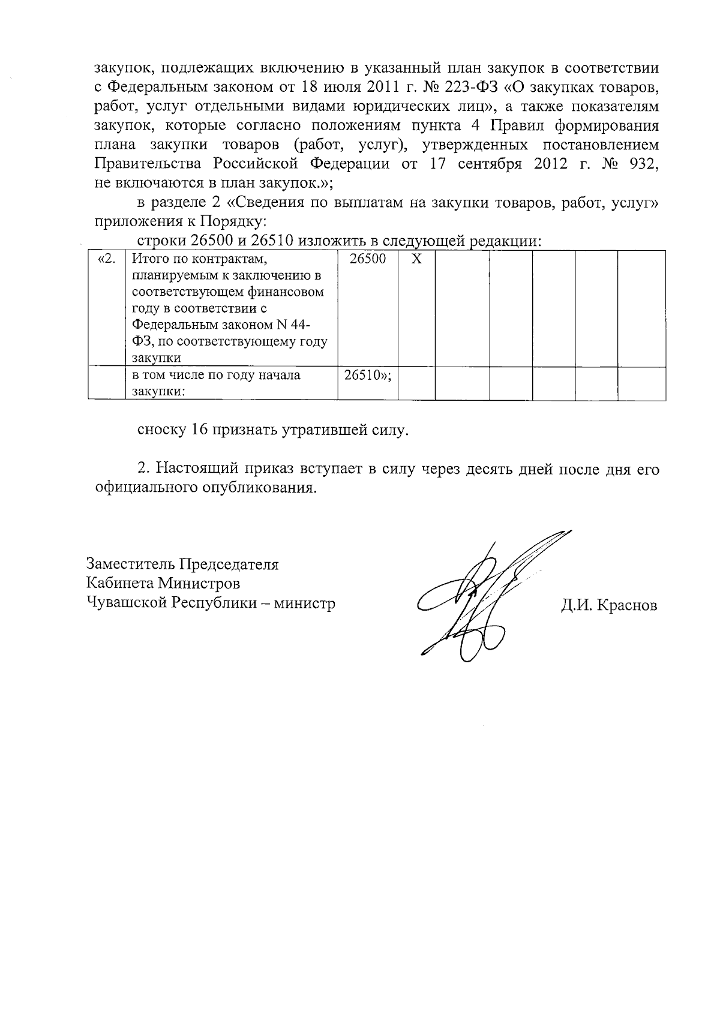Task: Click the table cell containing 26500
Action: (x=367, y=259)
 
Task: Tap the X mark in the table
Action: (x=416, y=259)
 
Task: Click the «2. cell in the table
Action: (x=106, y=259)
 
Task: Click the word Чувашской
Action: (x=127, y=603)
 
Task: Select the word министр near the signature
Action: (x=305, y=603)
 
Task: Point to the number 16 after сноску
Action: (x=200, y=430)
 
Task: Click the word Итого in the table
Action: (x=146, y=259)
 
